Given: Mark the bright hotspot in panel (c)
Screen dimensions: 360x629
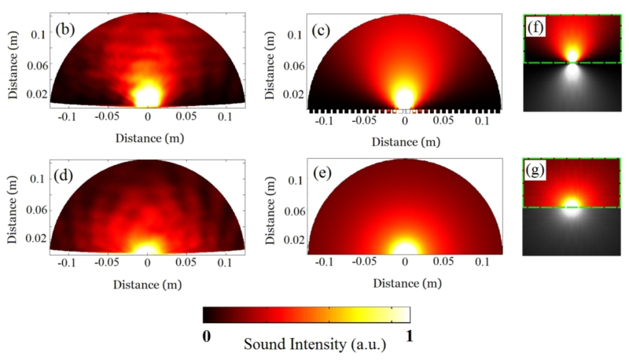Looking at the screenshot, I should (x=404, y=98).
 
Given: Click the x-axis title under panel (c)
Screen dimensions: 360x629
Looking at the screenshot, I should (x=403, y=142).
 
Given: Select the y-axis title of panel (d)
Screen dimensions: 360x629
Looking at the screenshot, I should (x=12, y=206).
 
